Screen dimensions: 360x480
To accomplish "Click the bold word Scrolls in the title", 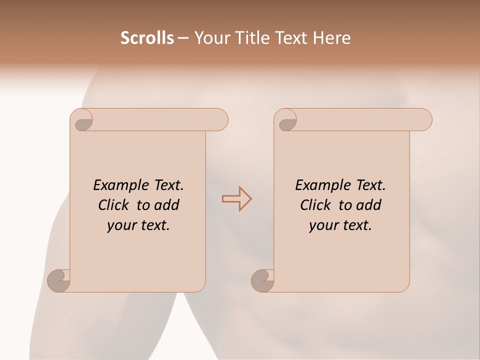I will pyautogui.click(x=147, y=38).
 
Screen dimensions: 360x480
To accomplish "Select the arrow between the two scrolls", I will pyautogui.click(x=236, y=199).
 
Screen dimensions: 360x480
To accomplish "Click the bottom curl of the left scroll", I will pyautogui.click(x=58, y=280).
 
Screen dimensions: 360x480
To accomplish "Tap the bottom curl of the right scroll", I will pyautogui.click(x=262, y=280).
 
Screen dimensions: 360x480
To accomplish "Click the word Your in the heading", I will pyautogui.click(x=209, y=38).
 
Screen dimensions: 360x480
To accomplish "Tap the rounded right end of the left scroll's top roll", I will pyautogui.click(x=220, y=120).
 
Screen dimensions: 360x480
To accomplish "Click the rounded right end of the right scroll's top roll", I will pyautogui.click(x=424, y=120).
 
